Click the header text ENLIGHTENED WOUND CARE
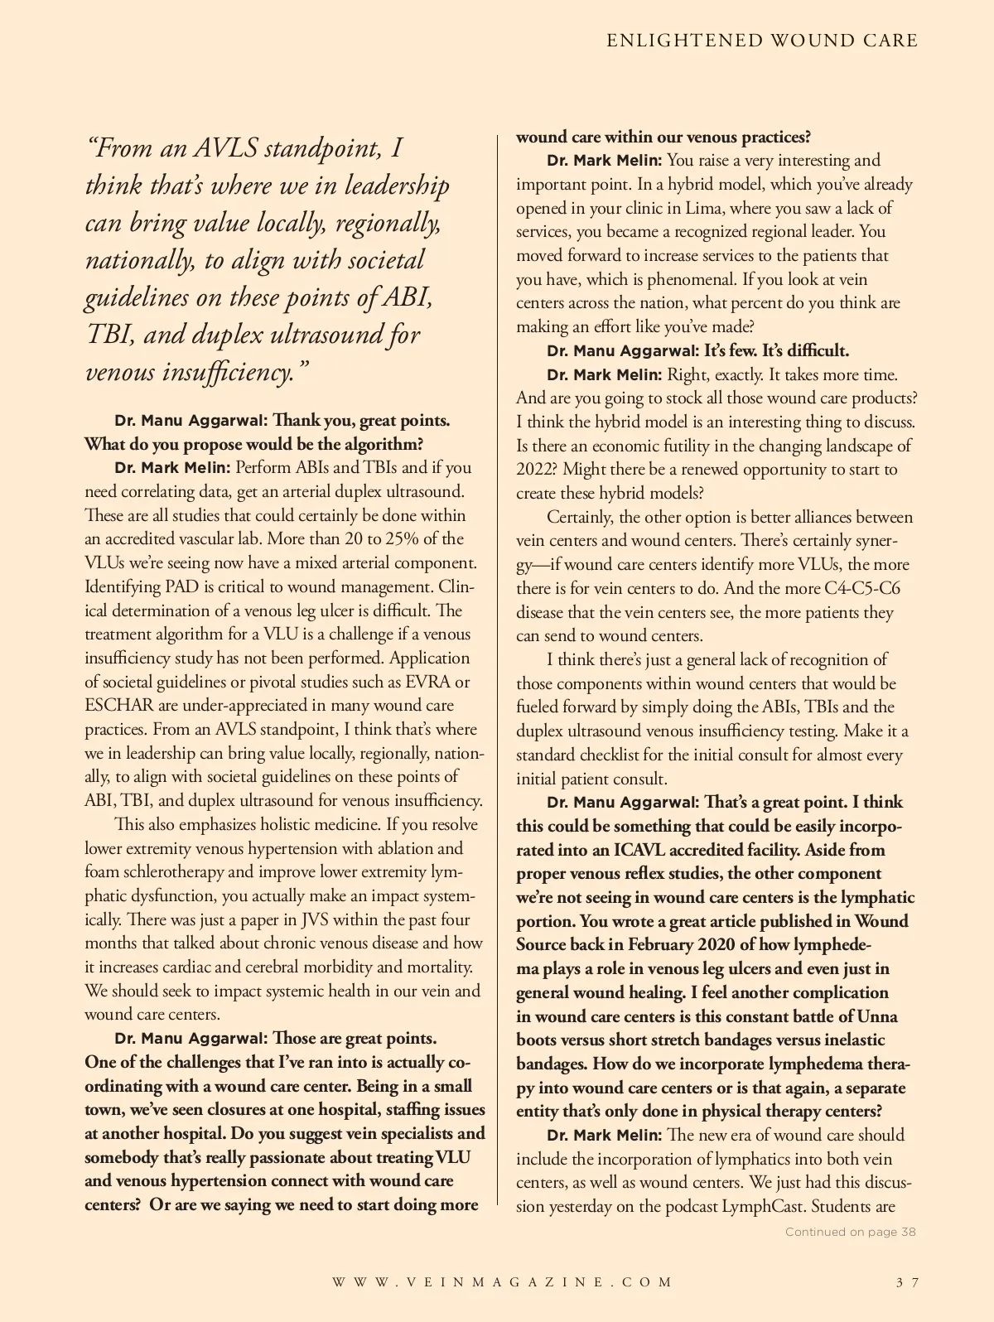(x=762, y=41)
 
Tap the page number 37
(x=907, y=1282)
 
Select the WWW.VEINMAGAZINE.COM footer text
(x=503, y=1282)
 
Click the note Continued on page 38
(x=850, y=1232)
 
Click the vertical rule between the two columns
(x=498, y=663)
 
